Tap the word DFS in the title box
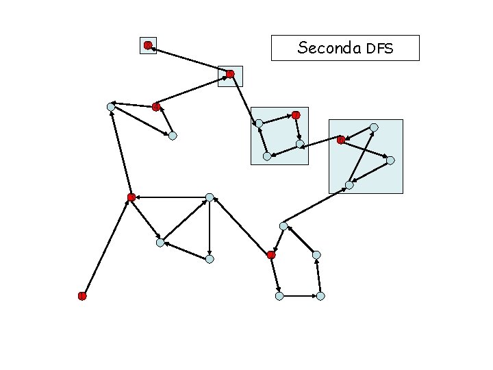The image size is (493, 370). [380, 49]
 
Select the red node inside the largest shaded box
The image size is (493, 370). [341, 140]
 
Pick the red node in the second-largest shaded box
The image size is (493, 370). [296, 114]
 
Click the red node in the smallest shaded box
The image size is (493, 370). [148, 45]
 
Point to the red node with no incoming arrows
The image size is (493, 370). [81, 296]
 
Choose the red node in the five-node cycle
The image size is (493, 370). [271, 255]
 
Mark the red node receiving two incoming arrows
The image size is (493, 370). [131, 197]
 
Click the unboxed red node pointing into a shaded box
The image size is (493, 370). [155, 107]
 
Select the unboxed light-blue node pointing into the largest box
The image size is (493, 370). [283, 225]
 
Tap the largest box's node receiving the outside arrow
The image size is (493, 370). [349, 185]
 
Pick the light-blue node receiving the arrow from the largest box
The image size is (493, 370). [300, 145]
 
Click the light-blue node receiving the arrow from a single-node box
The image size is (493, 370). [258, 123]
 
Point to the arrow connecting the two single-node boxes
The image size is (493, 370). [189, 60]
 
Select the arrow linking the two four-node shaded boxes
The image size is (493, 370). [320, 143]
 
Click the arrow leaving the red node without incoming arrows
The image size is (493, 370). [106, 247]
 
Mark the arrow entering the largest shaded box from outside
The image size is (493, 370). [316, 206]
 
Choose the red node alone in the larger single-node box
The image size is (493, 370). [231, 73]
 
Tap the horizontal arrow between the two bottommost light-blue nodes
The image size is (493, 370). [299, 296]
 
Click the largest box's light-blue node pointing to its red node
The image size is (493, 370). [374, 127]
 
